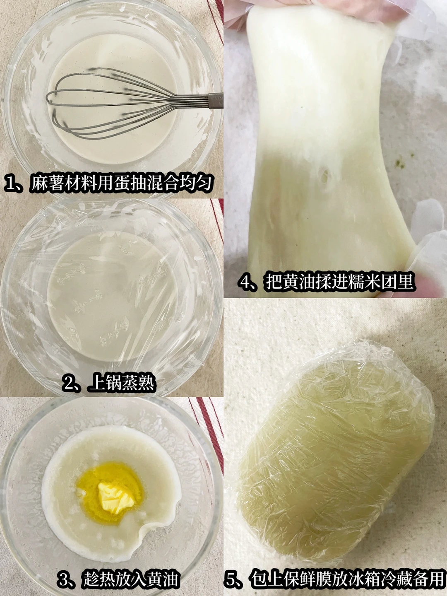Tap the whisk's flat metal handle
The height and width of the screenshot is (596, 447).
pos(216,101)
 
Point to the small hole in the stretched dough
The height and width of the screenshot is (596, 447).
pos(324,176)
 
